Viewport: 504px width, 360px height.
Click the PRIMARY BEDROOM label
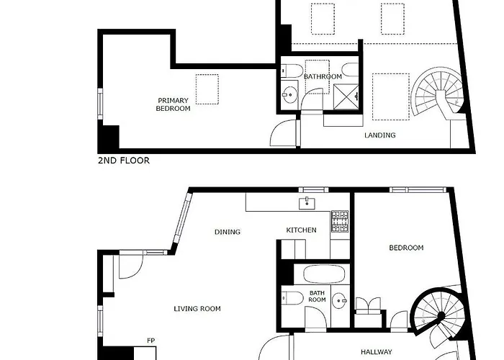click(x=173, y=104)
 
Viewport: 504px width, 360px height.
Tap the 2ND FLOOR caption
click(x=124, y=161)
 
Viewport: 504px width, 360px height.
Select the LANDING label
click(x=380, y=135)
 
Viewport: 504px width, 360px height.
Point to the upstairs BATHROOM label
click(x=323, y=76)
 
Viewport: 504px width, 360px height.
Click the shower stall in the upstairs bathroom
click(x=346, y=96)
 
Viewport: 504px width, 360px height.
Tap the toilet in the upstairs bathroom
click(x=292, y=71)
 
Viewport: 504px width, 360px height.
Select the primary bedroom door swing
click(x=283, y=133)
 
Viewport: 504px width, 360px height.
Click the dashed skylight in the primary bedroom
click(x=207, y=89)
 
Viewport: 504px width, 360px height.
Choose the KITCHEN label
click(x=301, y=230)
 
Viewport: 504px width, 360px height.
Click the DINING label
click(x=228, y=232)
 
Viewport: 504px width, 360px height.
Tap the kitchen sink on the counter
click(x=307, y=204)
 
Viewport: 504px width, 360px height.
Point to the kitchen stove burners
click(x=340, y=221)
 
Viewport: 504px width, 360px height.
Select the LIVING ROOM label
click(x=197, y=309)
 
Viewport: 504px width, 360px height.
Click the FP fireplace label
click(x=150, y=341)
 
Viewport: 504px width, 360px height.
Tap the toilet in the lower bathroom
click(x=292, y=298)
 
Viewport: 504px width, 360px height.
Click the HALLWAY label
click(x=377, y=352)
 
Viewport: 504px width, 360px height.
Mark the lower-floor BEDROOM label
click(x=406, y=248)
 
